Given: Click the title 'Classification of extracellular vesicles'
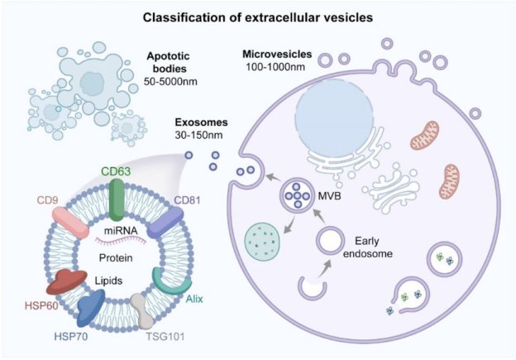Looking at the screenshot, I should (x=258, y=17).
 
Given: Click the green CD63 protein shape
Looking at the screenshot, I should (x=119, y=199).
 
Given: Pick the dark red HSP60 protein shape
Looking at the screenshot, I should (x=65, y=283).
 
